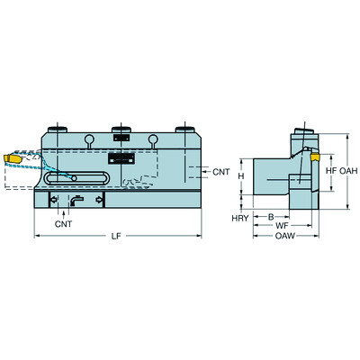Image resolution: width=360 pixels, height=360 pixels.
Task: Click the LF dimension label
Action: click(x=117, y=237)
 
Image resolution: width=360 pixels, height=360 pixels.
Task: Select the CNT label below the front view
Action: click(x=64, y=222)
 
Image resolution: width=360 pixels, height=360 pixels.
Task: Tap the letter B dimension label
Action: click(x=271, y=217)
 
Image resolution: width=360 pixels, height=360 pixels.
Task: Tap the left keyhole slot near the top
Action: click(x=90, y=139)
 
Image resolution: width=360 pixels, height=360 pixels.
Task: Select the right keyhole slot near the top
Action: click(x=155, y=139)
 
